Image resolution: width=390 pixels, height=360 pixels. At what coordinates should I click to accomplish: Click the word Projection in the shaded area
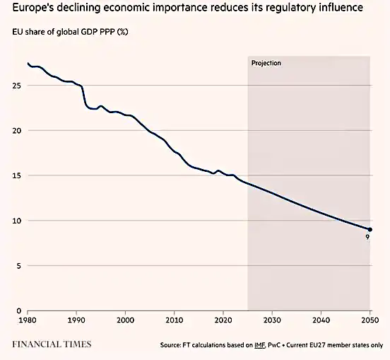pyautogui.click(x=266, y=64)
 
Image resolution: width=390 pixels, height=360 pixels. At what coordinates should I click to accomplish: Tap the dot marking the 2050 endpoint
pyautogui.click(x=370, y=229)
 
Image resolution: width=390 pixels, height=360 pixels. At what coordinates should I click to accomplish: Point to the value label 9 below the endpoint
pyautogui.click(x=367, y=238)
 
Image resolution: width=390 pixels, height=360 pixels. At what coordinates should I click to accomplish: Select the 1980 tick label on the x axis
pyautogui.click(x=28, y=320)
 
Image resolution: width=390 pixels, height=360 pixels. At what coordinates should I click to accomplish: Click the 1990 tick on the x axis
pyautogui.click(x=76, y=320)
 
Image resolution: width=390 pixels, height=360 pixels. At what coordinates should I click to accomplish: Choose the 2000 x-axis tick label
pyautogui.click(x=125, y=320)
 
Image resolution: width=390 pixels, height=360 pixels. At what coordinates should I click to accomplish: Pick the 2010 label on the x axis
pyautogui.click(x=174, y=320)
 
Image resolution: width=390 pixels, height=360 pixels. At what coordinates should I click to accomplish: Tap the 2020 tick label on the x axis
pyautogui.click(x=223, y=320)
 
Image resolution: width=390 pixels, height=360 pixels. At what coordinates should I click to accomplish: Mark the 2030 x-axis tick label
pyautogui.click(x=272, y=320)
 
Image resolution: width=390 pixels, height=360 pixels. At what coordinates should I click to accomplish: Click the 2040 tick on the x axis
pyautogui.click(x=321, y=320)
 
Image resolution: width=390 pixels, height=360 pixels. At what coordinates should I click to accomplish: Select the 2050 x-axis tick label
pyautogui.click(x=370, y=320)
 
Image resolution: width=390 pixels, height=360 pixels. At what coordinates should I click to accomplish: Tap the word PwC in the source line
pyautogui.click(x=290, y=345)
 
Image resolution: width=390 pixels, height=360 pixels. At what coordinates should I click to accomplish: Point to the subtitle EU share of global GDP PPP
pyautogui.click(x=70, y=33)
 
